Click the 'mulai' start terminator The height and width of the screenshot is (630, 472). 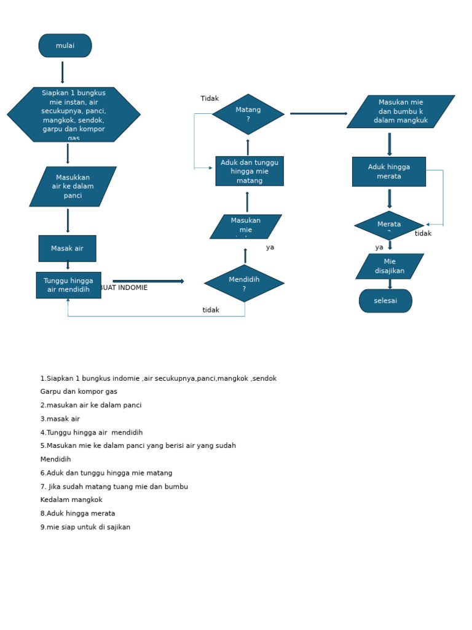pyautogui.click(x=65, y=46)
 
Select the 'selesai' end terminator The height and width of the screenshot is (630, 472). pyautogui.click(x=385, y=301)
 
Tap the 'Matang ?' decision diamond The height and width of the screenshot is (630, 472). pyautogui.click(x=248, y=114)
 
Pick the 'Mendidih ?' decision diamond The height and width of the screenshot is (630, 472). pyautogui.click(x=244, y=284)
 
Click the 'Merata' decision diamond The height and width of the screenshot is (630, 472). pyautogui.click(x=389, y=225)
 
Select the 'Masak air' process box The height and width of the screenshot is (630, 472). pyautogui.click(x=67, y=249)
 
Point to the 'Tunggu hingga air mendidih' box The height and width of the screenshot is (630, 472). pyautogui.click(x=68, y=285)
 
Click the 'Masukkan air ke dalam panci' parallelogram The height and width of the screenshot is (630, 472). pyautogui.click(x=73, y=186)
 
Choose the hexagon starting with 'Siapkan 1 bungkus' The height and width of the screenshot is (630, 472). pyautogui.click(x=74, y=114)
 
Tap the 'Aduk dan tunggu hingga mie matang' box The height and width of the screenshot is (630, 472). pyautogui.click(x=250, y=171)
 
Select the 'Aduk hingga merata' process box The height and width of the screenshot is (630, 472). pyautogui.click(x=389, y=172)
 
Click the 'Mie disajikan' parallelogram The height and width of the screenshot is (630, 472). pyautogui.click(x=390, y=266)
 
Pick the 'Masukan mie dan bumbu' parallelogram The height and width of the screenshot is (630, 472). pyautogui.click(x=401, y=111)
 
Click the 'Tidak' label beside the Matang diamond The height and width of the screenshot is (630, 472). pyautogui.click(x=210, y=98)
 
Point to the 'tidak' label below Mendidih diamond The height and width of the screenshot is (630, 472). pyautogui.click(x=211, y=310)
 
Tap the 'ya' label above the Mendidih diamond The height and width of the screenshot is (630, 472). pyautogui.click(x=270, y=247)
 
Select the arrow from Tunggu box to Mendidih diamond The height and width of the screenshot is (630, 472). pyautogui.click(x=148, y=281)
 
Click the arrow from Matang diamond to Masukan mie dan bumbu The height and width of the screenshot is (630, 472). pyautogui.click(x=318, y=113)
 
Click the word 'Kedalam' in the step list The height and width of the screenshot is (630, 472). pyautogui.click(x=55, y=500)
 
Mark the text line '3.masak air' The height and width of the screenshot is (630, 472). pyautogui.click(x=60, y=419)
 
